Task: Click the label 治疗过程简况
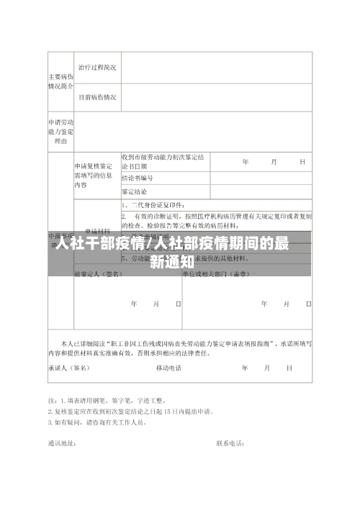[96, 67]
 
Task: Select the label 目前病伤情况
[96, 96]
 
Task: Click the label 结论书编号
[137, 178]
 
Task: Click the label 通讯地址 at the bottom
[62, 443]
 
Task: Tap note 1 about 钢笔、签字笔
[108, 400]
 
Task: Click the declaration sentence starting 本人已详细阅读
[180, 348]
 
